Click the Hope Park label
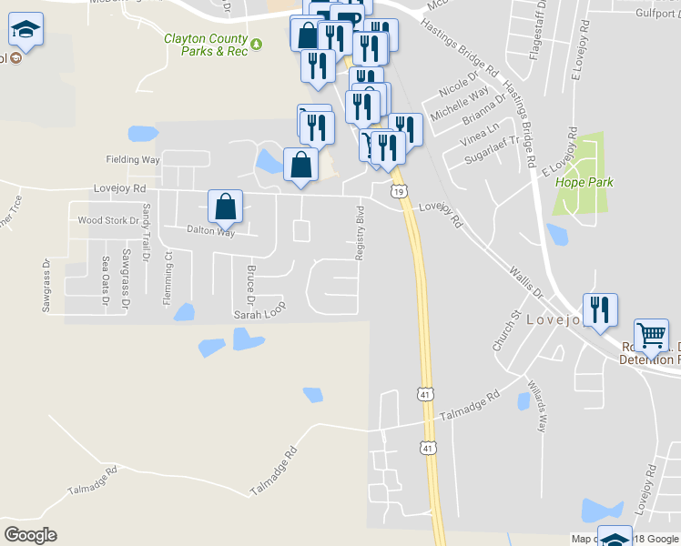[x=584, y=182]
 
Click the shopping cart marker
[x=652, y=336]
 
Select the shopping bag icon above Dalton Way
[x=226, y=207]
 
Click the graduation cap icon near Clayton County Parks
[x=26, y=31]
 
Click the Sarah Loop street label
[x=260, y=313]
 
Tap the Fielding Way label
[x=133, y=159]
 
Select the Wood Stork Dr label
[x=108, y=220]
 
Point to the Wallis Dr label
[x=526, y=283]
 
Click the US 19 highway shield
[x=399, y=191]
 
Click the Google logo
[x=31, y=534]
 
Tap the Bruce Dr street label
[x=249, y=285]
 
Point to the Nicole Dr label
[x=458, y=86]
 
